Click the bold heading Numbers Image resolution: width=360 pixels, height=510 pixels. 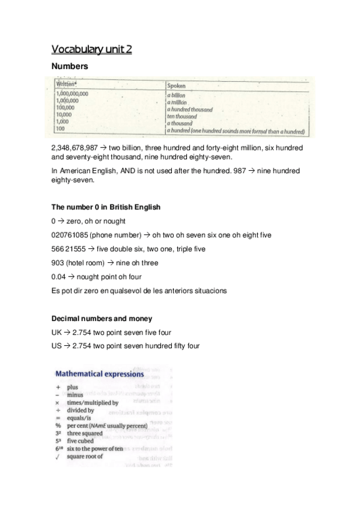[x=70, y=66]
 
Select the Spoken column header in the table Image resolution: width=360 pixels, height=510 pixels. [x=176, y=86]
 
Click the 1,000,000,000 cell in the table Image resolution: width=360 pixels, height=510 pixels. [x=72, y=94]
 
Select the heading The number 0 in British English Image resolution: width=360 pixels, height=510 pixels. [x=106, y=207]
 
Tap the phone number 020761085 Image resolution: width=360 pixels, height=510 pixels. [x=74, y=235]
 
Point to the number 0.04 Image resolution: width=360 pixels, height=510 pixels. [x=60, y=277]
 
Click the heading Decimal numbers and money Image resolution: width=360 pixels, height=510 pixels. [x=102, y=318]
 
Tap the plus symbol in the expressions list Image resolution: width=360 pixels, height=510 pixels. [x=58, y=388]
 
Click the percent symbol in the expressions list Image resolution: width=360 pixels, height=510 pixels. [x=58, y=425]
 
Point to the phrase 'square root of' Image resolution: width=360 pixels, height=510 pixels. [x=85, y=456]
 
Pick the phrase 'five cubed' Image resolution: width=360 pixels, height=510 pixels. [x=81, y=440]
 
